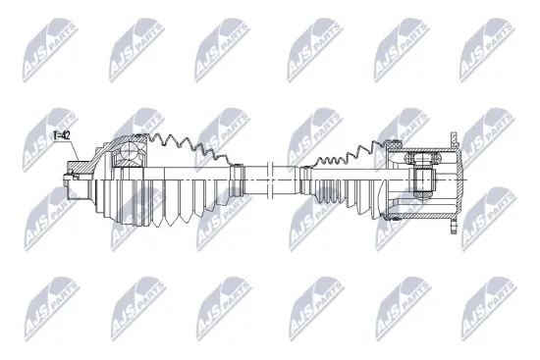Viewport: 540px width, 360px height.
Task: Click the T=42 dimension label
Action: coord(62,135)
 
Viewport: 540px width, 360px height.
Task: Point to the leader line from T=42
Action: coord(75,150)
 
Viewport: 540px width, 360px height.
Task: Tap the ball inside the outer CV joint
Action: coord(128,150)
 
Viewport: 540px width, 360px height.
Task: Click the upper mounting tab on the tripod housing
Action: coord(455,138)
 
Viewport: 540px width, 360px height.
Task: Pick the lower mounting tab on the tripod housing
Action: coord(455,227)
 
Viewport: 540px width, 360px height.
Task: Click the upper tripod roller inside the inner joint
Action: coord(423,158)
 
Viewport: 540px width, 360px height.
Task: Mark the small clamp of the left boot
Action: coord(237,179)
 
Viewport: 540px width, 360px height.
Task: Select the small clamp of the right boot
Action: coord(304,180)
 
